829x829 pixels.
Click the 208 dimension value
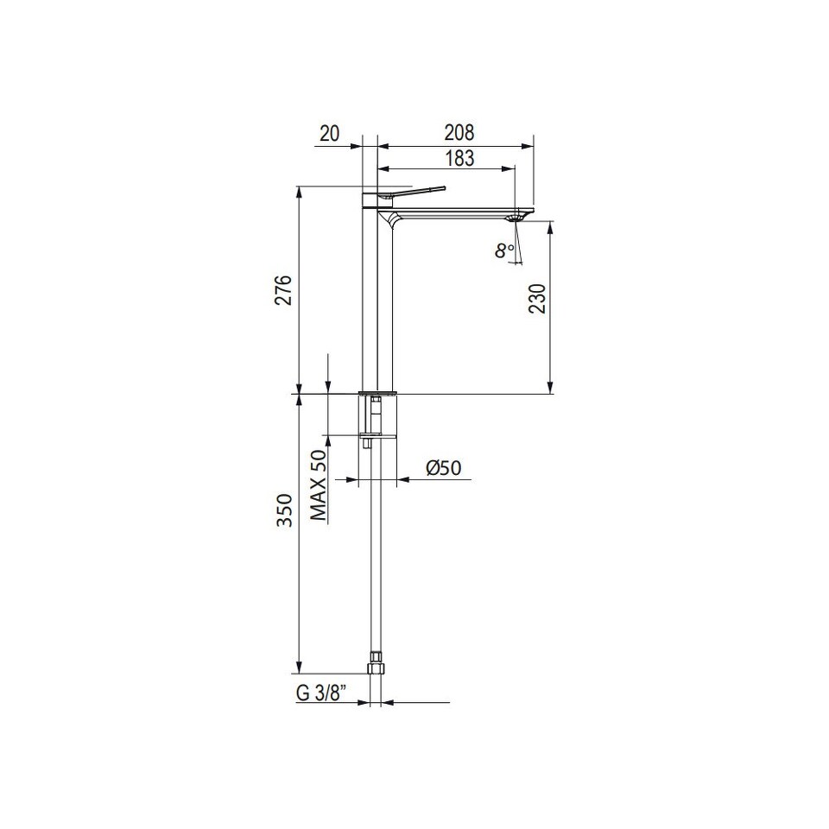pos(459,132)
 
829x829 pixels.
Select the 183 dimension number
pos(459,158)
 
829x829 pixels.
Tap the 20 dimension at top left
pos(329,133)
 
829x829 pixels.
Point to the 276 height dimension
pos(284,290)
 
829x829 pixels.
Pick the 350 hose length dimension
pos(285,509)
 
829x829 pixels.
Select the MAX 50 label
pos(319,484)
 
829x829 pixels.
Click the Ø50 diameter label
pos(443,467)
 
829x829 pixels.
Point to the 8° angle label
pos(504,250)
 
